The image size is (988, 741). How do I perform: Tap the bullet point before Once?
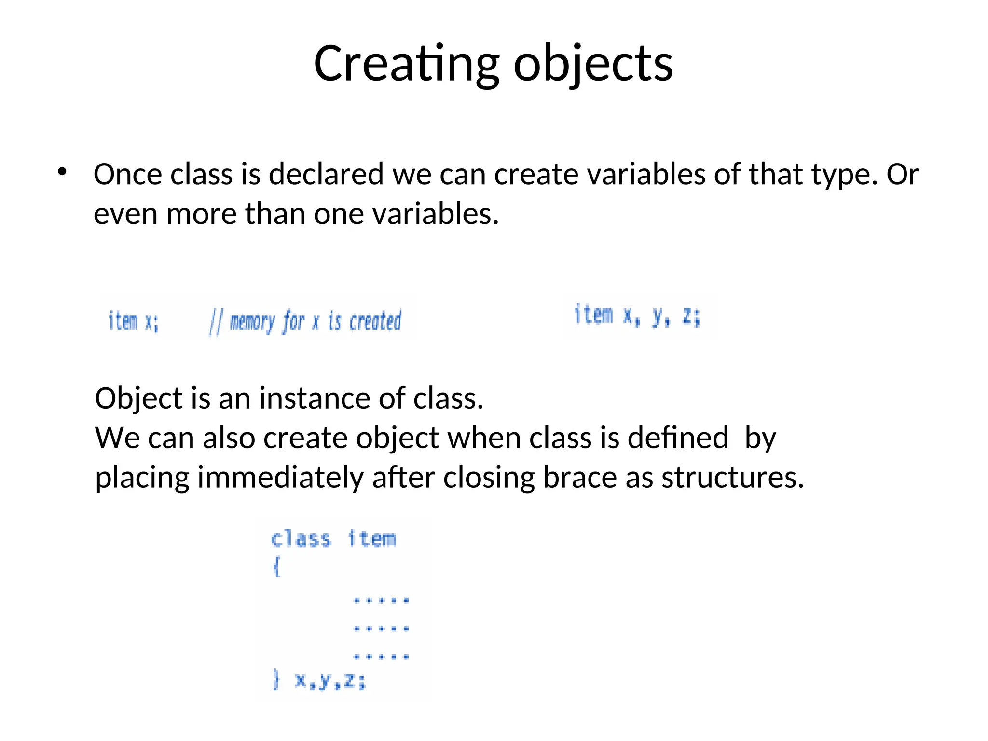coord(62,172)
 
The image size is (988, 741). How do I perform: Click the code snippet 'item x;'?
coord(133,321)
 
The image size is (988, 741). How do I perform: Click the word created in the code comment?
coord(375,321)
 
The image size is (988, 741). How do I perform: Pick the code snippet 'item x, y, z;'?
coord(637,316)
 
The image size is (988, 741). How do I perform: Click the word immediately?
coord(280,478)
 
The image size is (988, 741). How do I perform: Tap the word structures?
coord(732,478)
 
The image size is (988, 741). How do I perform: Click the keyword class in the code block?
coord(301,539)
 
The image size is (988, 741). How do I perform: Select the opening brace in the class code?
coord(276,566)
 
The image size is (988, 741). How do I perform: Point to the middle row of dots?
coord(381,629)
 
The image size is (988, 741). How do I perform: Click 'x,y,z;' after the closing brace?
coord(330,681)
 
